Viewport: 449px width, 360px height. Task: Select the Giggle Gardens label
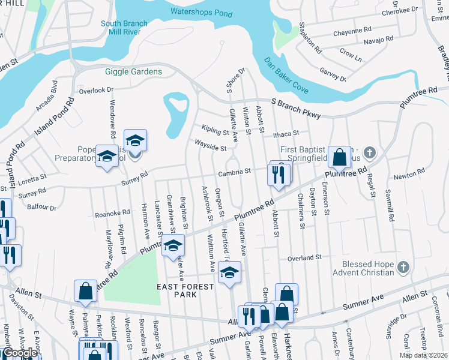[134, 72]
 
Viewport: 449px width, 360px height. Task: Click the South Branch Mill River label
[124, 28]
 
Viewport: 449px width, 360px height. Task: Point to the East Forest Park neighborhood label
[185, 291]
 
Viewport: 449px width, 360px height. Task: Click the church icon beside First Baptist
[369, 152]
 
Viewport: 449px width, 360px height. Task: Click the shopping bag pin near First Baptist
[340, 157]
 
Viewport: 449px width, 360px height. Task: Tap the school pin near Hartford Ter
[229, 272]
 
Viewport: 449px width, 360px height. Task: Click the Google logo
[20, 353]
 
